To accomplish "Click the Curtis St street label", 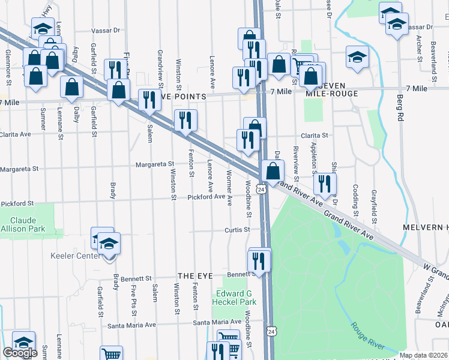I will coord(237,230).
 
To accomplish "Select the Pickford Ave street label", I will coord(205,197).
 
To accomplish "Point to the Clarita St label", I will coord(315,136).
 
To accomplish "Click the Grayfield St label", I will coord(373,204).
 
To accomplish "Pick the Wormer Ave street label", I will coord(229,188).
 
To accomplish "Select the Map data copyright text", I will coord(423,355).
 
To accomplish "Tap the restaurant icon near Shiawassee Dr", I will coord(325,184).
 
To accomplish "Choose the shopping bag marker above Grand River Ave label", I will coord(273,170).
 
